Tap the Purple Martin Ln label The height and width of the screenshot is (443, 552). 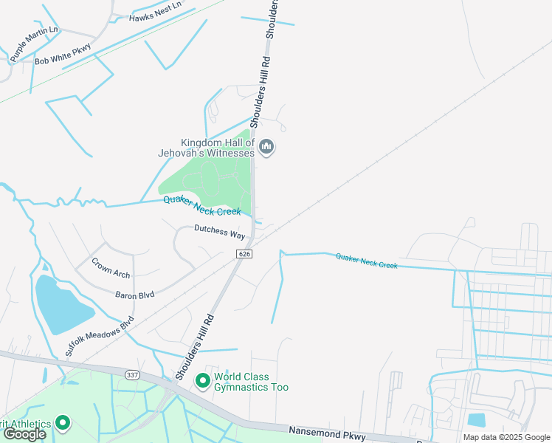coord(33,44)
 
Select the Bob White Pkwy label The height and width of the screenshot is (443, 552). coord(63,56)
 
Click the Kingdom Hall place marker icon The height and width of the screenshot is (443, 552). coord(267,148)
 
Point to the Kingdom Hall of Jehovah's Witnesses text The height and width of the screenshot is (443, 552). coord(217,148)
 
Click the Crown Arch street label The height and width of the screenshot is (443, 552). coord(111,267)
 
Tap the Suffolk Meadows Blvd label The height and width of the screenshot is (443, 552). coord(99,337)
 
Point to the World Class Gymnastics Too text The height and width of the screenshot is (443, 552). coord(251,382)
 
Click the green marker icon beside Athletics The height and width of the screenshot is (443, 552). coord(62,424)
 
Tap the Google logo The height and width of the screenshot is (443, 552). coord(24,433)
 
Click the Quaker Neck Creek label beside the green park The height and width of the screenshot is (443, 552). coord(202,205)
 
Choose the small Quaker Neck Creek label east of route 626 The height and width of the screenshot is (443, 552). coord(366,260)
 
